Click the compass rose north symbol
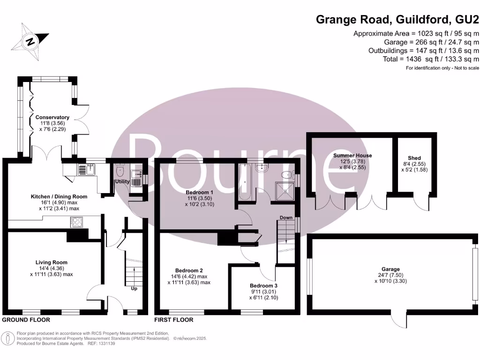[x=30, y=41]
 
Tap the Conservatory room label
[x=52, y=117]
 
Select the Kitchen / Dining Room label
[x=59, y=196]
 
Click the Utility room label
[x=122, y=181]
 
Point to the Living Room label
[x=52, y=262]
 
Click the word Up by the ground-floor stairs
[x=134, y=288]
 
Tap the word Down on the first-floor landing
[x=286, y=217]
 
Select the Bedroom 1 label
[x=199, y=192]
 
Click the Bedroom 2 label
[x=189, y=270]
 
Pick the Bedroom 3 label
[x=263, y=285]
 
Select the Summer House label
[x=352, y=155]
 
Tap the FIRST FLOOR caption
[x=174, y=320]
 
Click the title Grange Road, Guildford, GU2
[x=397, y=20]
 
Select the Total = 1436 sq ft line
[x=431, y=59]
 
